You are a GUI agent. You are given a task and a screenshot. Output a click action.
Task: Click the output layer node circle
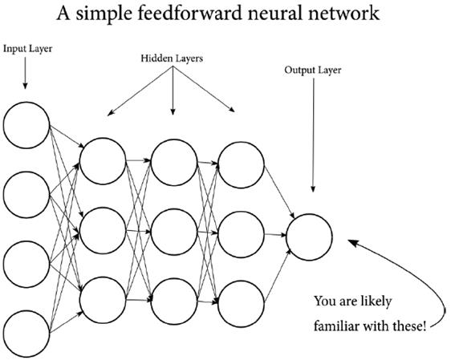[308, 235]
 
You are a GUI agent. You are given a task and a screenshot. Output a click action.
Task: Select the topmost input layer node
[26, 126]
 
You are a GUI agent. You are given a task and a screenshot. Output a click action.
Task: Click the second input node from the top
[26, 195]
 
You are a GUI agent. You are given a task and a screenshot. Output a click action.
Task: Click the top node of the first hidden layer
[103, 161]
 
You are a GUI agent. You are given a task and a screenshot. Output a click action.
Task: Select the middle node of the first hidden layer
[103, 230]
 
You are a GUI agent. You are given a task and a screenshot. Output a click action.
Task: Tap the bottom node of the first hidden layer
[103, 298]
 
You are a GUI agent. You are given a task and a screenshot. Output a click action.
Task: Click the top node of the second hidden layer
[173, 161]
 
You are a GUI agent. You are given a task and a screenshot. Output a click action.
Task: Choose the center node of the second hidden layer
[173, 230]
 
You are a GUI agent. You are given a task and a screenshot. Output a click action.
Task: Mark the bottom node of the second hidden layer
[173, 298]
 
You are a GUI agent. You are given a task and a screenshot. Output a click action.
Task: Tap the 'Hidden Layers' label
[173, 59]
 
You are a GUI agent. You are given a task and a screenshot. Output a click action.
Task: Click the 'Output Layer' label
[313, 70]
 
